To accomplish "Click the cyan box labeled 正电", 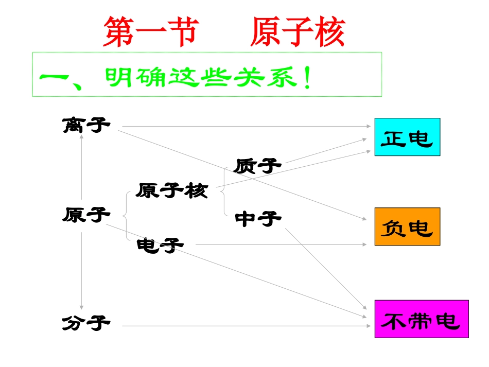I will [x=407, y=137].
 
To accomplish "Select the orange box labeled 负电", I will [x=407, y=226].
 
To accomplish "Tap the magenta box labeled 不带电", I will [x=422, y=319].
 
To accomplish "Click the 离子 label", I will [x=86, y=125].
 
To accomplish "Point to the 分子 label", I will [x=86, y=324].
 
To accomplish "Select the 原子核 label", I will [x=172, y=191].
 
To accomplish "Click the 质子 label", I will [x=258, y=166].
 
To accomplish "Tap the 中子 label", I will [x=258, y=219].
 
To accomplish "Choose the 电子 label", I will [x=160, y=246].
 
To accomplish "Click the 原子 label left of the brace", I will [x=86, y=214].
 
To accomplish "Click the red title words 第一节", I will [x=150, y=33].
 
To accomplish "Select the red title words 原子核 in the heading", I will [x=298, y=33].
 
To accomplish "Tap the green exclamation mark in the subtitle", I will [x=307, y=80].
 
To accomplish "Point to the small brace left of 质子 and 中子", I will [x=223, y=191].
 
